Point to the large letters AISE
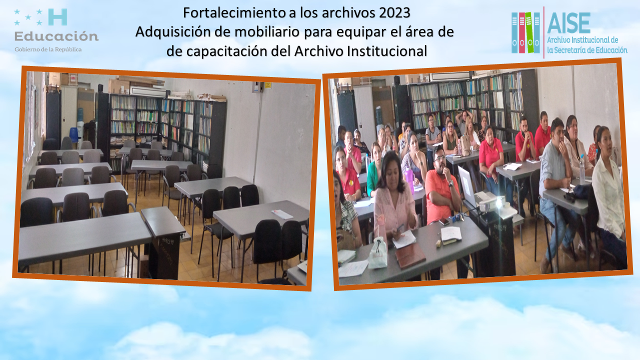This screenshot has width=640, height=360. tap(569, 23)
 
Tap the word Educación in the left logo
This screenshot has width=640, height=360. tap(56, 36)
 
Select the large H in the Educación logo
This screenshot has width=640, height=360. tap(58, 17)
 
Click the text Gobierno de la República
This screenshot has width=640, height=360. tap(48, 49)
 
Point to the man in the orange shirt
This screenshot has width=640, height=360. tap(442, 185)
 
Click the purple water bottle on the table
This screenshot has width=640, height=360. tap(409, 178)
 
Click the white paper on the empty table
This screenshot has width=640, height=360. tap(281, 214)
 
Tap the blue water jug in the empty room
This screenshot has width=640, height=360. tap(74, 135)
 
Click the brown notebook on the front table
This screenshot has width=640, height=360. tap(410, 258)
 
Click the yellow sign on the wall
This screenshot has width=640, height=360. tap(267, 85)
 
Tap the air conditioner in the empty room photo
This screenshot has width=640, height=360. tap(148, 91)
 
